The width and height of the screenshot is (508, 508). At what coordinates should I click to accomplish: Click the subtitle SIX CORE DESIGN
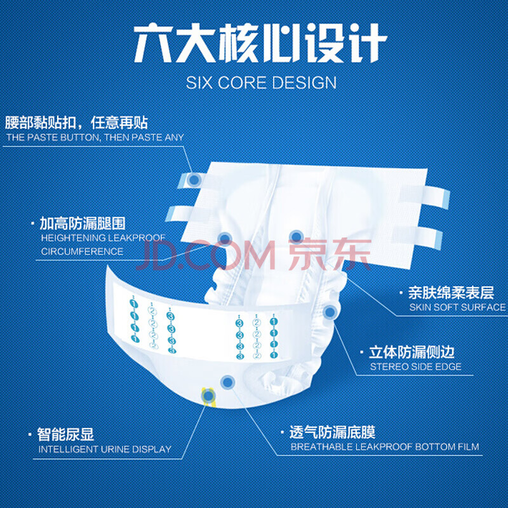click(x=261, y=83)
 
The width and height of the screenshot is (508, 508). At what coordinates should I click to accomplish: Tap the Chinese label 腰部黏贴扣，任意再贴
click(x=76, y=123)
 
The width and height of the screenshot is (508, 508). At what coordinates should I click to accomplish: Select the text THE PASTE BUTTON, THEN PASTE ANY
click(x=95, y=137)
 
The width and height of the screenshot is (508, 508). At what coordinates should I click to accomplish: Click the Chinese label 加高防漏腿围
click(x=83, y=223)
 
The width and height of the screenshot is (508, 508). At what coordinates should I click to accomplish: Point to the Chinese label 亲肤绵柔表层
click(x=451, y=293)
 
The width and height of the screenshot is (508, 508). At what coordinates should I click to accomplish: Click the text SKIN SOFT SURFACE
click(x=457, y=307)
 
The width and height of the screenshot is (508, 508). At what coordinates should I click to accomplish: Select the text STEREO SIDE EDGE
click(x=415, y=366)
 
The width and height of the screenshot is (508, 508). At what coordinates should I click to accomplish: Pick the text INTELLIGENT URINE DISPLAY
click(x=105, y=449)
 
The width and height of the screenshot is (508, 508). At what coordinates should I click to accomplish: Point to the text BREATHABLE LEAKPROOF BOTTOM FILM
click(x=384, y=447)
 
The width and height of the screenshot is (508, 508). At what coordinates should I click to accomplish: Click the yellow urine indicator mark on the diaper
click(x=208, y=396)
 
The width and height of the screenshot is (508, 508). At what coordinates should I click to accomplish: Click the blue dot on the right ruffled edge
click(x=330, y=311)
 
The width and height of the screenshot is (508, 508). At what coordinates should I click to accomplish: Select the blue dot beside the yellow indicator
click(x=227, y=382)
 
